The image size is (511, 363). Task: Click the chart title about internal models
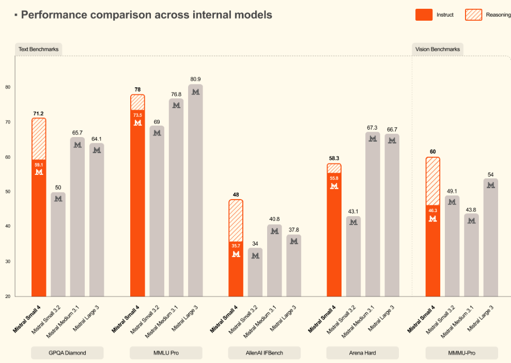click(x=146, y=15)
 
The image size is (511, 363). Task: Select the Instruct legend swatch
click(x=424, y=15)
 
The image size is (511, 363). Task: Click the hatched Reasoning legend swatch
click(x=474, y=15)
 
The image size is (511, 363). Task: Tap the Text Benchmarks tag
click(x=38, y=49)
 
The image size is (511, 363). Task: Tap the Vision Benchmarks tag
click(x=438, y=49)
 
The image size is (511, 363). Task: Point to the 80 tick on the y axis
click(x=8, y=87)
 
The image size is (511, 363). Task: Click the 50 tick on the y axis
click(x=8, y=192)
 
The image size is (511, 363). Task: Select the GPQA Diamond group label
click(x=67, y=353)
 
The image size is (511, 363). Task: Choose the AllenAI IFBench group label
click(x=265, y=353)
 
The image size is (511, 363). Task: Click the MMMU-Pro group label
click(x=461, y=353)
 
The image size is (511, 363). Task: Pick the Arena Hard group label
click(x=362, y=353)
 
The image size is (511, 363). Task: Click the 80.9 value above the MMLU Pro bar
click(x=195, y=79)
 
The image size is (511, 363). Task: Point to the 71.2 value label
click(x=39, y=113)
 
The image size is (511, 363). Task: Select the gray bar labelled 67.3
click(x=373, y=217)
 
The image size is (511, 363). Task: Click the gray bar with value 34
click(x=255, y=274)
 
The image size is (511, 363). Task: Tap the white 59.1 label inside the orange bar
click(x=39, y=165)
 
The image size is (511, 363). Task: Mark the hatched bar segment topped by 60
click(x=432, y=181)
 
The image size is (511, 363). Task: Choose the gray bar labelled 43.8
click(x=471, y=256)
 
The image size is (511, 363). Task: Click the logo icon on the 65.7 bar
click(x=78, y=145)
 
